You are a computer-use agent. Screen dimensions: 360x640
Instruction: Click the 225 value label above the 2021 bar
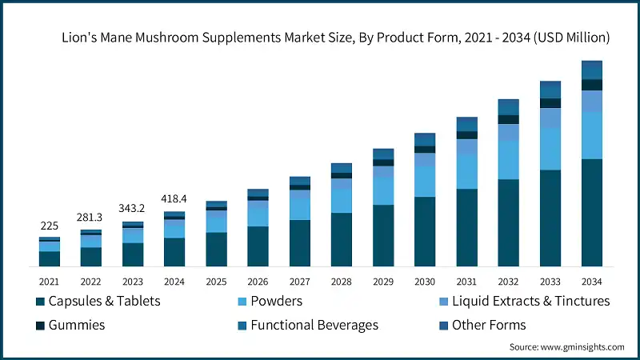point(50,226)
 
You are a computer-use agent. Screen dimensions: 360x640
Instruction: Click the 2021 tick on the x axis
point(50,282)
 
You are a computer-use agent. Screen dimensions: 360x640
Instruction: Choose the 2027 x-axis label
point(299,282)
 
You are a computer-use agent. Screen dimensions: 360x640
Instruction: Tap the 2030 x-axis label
point(424,282)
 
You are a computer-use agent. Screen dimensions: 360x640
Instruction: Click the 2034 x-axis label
point(591,282)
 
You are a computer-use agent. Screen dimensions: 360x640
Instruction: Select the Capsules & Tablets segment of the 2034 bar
point(591,212)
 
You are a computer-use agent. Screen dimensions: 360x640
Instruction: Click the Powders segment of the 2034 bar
point(591,135)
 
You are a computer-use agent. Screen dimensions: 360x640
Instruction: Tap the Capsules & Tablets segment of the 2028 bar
point(342,239)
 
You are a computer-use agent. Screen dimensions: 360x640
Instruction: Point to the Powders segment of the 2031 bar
point(466,172)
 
